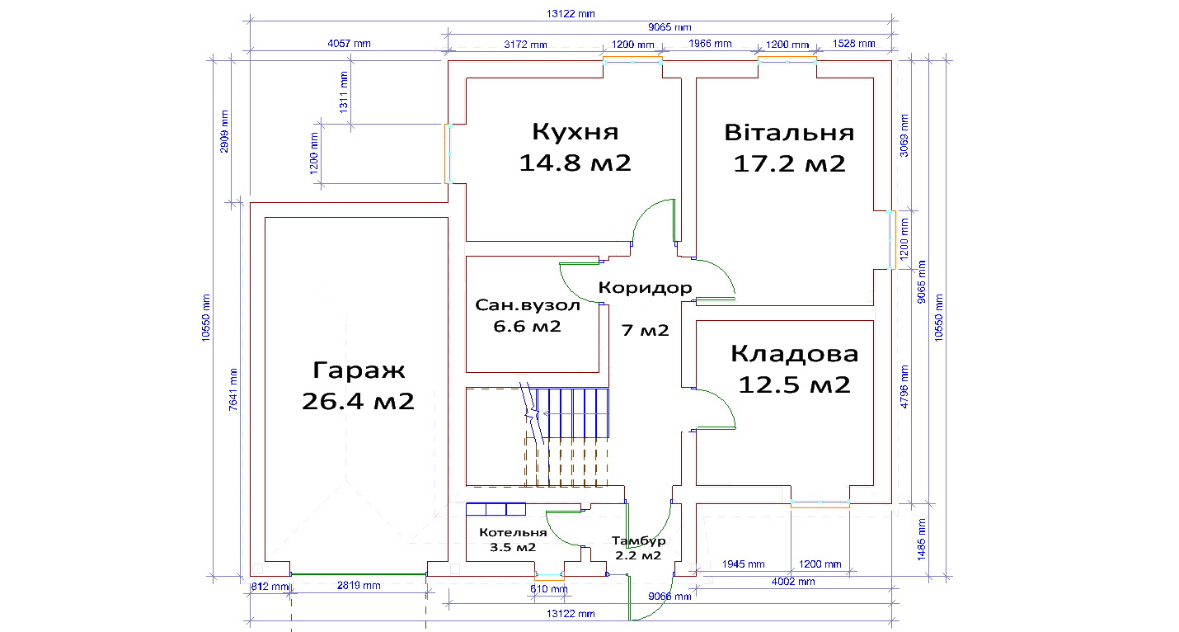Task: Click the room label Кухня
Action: (575, 132)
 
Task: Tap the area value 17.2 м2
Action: (789, 164)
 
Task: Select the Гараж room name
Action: (359, 370)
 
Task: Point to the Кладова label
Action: (794, 354)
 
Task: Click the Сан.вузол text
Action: (528, 305)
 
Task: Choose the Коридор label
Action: (645, 288)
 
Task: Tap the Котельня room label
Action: (513, 532)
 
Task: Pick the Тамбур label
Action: (638, 541)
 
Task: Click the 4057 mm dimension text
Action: (349, 43)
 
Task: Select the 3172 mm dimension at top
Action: (525, 45)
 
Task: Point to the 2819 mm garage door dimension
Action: (359, 585)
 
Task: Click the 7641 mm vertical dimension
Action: (233, 389)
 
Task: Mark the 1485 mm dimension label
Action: (921, 540)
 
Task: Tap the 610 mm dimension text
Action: (548, 589)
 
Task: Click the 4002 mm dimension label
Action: (792, 582)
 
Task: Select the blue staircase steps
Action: (572, 413)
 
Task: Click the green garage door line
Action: (359, 574)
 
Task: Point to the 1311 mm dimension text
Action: (344, 92)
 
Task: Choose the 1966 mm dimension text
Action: (710, 43)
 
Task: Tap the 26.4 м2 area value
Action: (358, 401)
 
